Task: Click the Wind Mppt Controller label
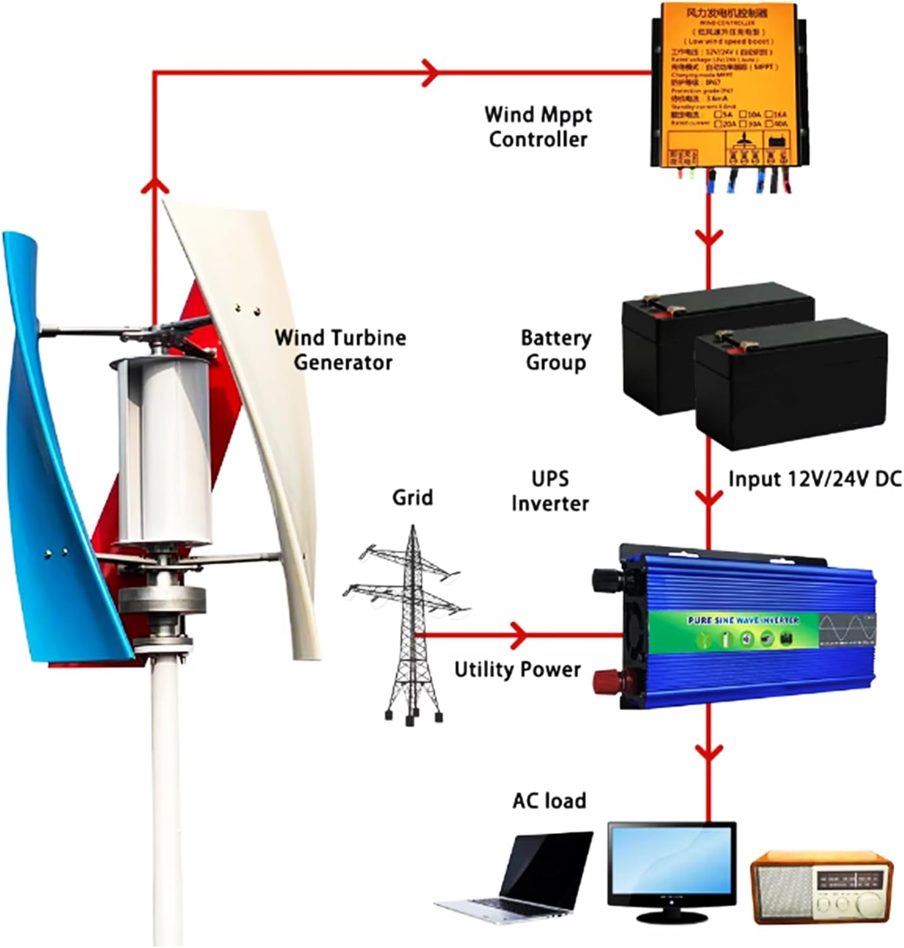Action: [538, 126]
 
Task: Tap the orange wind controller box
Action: [727, 85]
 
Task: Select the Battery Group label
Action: [556, 349]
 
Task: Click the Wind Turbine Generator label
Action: [341, 349]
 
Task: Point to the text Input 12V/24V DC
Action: [814, 478]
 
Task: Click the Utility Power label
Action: [517, 669]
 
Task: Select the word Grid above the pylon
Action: [412, 497]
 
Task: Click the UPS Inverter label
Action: [550, 491]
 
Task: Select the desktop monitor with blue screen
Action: [672, 866]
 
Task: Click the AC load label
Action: [549, 801]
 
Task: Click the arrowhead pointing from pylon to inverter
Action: [519, 633]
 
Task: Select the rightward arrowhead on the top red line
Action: [431, 71]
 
